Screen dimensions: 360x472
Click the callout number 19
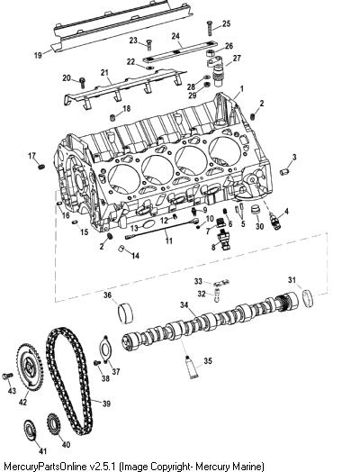[38, 55]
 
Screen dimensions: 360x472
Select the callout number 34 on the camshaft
[184, 304]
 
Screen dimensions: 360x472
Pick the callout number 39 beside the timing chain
[106, 404]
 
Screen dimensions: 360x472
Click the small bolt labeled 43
[8, 376]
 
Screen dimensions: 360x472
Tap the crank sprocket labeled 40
[53, 427]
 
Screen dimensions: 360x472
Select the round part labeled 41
[30, 432]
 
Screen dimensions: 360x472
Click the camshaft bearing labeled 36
[125, 314]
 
